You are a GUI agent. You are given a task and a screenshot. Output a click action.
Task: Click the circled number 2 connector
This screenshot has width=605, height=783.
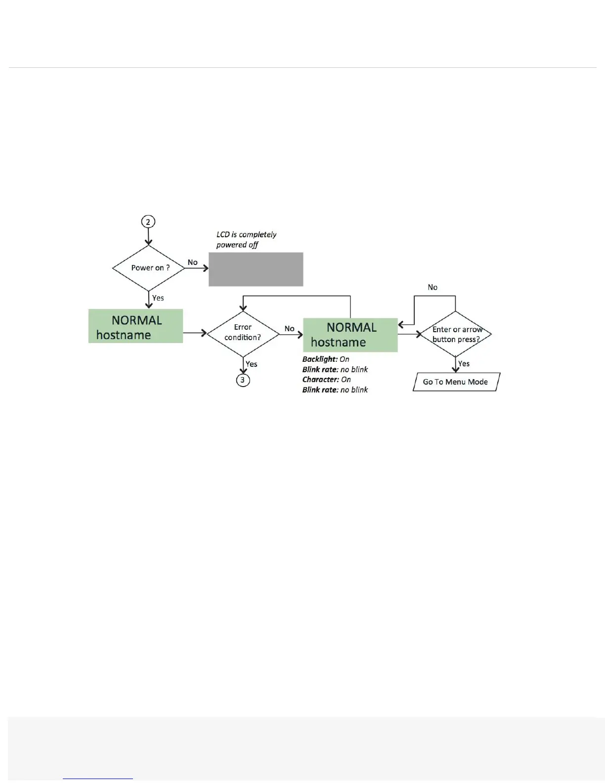coord(148,221)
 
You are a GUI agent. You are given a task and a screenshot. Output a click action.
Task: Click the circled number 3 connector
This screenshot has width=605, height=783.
coord(243,380)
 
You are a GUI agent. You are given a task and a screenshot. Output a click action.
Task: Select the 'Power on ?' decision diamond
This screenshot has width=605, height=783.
coord(149,268)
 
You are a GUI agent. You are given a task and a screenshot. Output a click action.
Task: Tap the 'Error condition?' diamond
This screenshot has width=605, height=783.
coord(243,333)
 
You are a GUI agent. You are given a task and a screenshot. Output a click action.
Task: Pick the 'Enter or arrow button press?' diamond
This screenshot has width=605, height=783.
coord(455,334)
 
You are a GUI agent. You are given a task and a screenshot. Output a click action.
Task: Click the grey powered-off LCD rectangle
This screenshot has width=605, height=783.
coord(256,269)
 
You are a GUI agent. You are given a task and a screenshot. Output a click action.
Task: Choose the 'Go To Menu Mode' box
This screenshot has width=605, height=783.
coord(456,382)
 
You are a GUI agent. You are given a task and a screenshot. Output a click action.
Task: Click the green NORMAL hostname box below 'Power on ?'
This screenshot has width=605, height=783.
coord(135,326)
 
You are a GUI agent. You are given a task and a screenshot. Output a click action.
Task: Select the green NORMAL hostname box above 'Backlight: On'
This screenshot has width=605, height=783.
coord(350,335)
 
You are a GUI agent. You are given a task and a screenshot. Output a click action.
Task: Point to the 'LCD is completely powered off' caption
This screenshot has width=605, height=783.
coord(246,239)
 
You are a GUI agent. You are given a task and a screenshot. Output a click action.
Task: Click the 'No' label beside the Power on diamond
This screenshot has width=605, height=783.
coord(193,262)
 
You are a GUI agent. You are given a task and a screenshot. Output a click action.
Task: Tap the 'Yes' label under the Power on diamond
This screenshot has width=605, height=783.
coord(158,298)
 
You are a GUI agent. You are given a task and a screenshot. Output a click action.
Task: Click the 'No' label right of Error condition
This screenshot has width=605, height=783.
coord(290,329)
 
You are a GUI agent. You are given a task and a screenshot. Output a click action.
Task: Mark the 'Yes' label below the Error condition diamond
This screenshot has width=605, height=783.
coord(252,364)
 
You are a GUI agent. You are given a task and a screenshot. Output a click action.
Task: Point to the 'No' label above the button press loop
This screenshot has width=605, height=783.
coord(432,287)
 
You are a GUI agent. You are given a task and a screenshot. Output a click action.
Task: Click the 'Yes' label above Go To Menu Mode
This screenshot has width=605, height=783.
coord(464,363)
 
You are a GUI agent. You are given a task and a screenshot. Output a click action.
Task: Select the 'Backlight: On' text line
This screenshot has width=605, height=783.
coord(326,359)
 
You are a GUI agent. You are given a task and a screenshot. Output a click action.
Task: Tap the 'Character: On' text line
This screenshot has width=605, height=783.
coord(327,380)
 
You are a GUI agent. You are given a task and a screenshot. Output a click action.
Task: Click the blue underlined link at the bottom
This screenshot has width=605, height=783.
coord(98,778)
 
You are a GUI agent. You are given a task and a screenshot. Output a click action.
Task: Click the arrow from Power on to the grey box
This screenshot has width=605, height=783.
coord(197,268)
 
